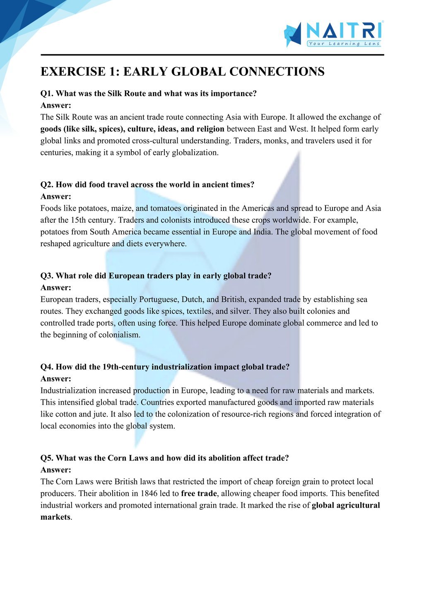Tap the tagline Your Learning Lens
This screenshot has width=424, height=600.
(x=344, y=44)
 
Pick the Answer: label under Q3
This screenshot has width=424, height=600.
(x=56, y=288)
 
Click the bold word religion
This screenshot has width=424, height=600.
(x=209, y=129)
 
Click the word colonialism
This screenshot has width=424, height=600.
(x=119, y=335)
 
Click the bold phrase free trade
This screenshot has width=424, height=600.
(x=199, y=494)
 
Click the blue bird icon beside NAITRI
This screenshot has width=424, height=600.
(x=293, y=34)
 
